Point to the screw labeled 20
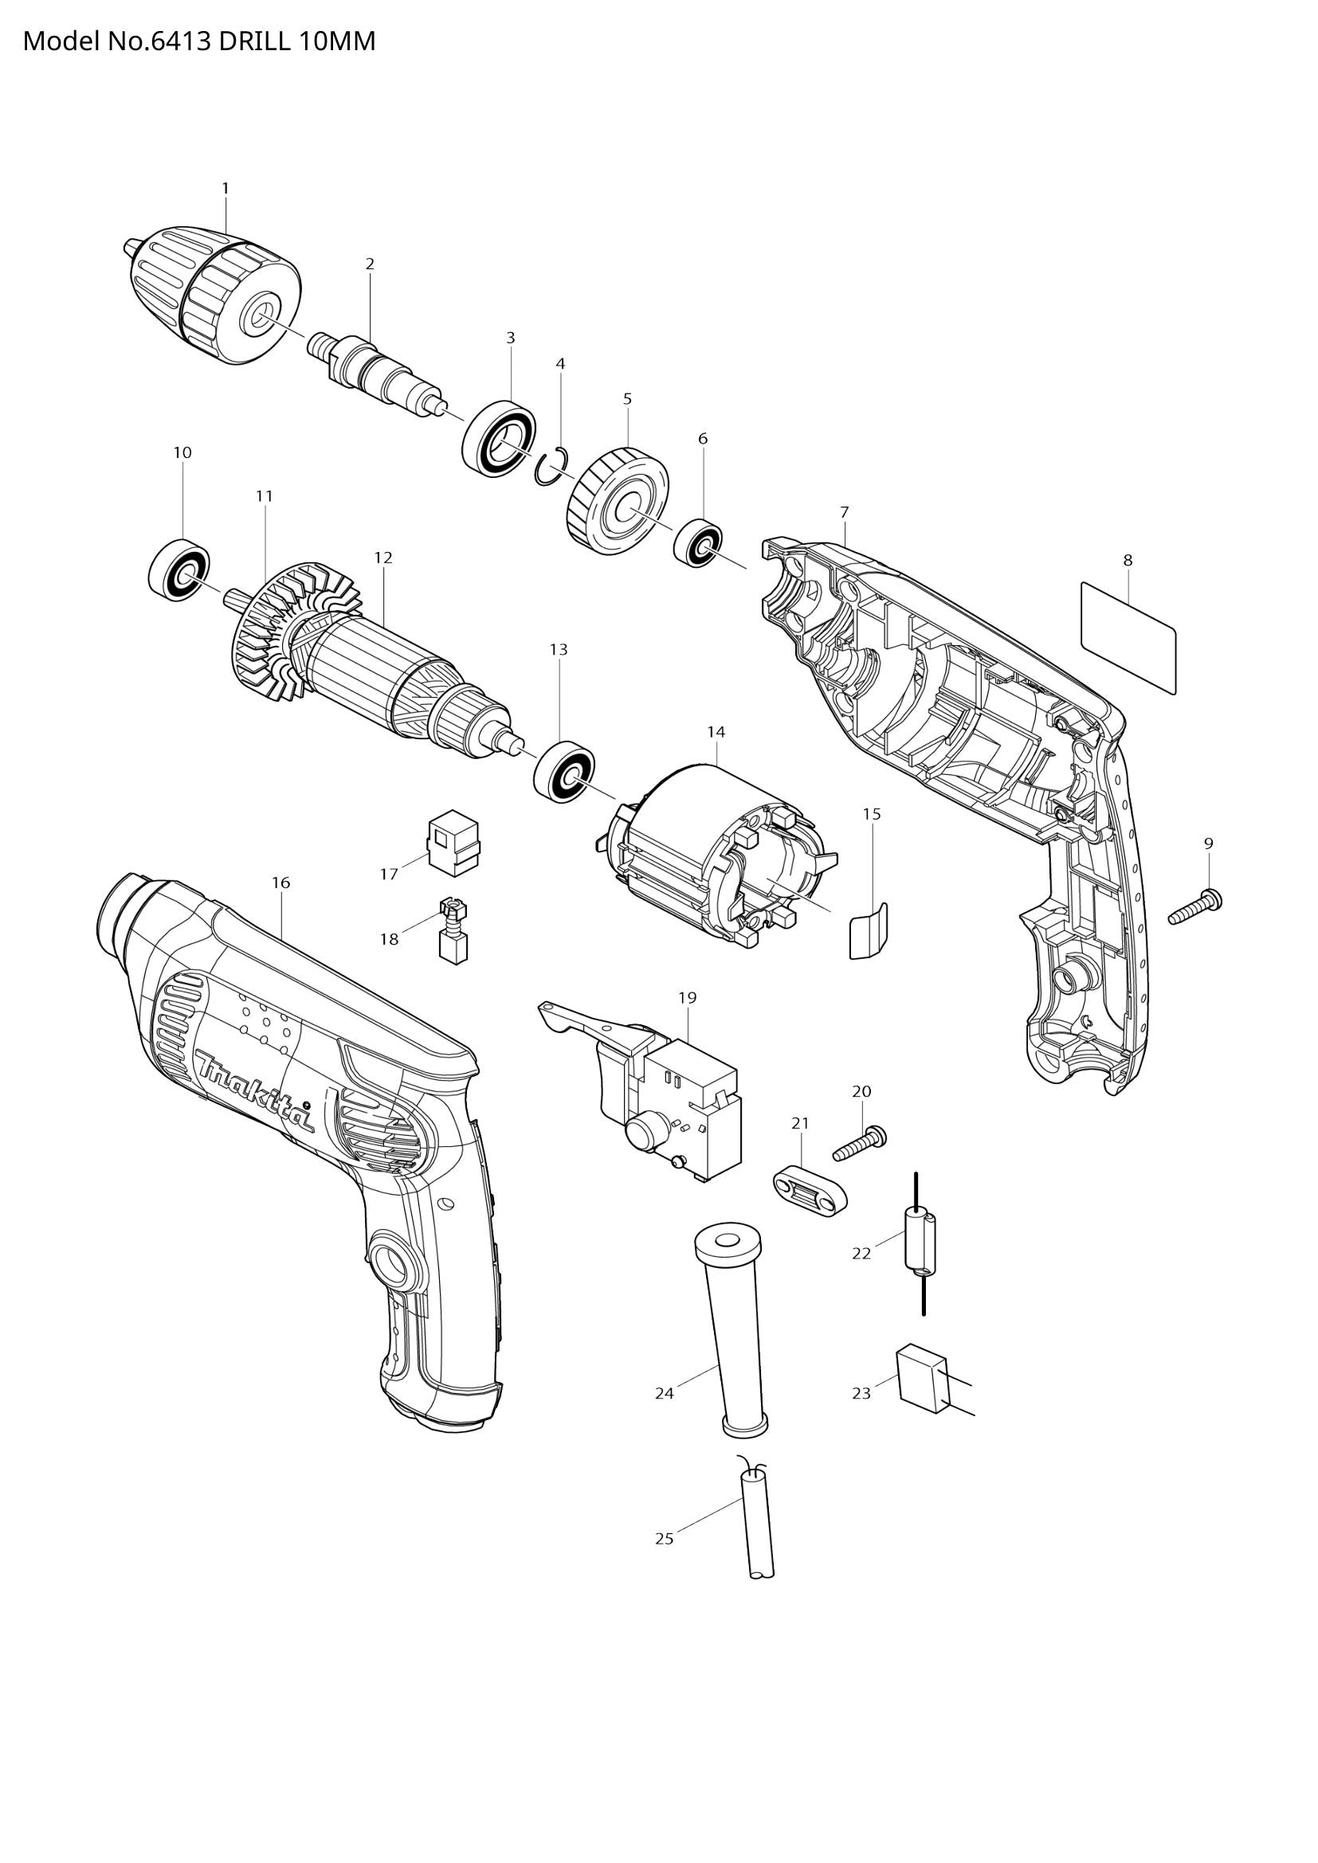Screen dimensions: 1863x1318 click(860, 1142)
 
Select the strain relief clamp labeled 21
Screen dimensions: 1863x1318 click(808, 1189)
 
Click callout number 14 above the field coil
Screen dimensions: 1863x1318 click(715, 732)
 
